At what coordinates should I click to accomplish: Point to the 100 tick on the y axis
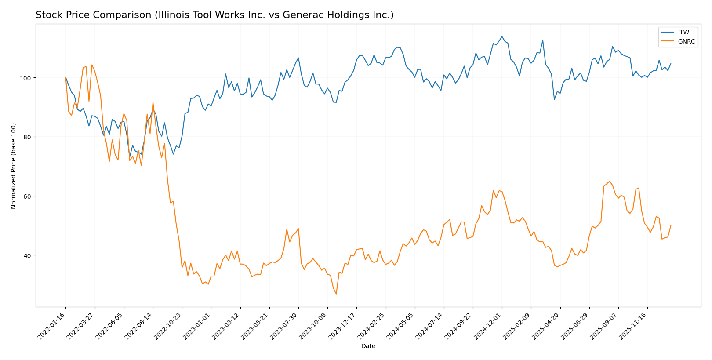(27, 78)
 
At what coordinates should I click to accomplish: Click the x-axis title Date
(368, 346)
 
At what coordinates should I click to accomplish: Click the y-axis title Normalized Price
(14, 166)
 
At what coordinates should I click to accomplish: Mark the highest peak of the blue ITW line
(502, 36)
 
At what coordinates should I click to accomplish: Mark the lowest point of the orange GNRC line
(336, 294)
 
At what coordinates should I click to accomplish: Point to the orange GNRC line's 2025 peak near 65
(609, 182)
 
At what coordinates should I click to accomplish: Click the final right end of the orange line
(671, 225)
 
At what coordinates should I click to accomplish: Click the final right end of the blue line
(671, 63)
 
